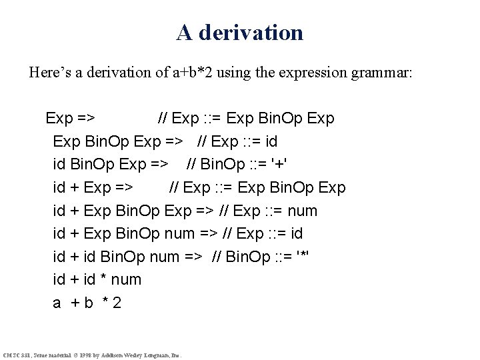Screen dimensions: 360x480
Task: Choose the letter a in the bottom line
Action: (x=57, y=303)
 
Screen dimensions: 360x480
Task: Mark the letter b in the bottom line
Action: (x=88, y=303)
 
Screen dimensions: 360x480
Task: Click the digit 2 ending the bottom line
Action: (x=117, y=303)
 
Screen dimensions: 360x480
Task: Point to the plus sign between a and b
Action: (x=73, y=303)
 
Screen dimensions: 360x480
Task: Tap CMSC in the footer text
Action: (x=11, y=354)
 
